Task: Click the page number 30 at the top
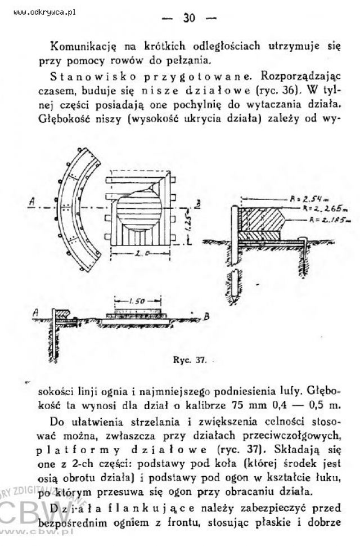pyautogui.click(x=188, y=17)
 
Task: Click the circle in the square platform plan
pyautogui.click(x=138, y=212)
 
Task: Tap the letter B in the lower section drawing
pyautogui.click(x=206, y=317)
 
